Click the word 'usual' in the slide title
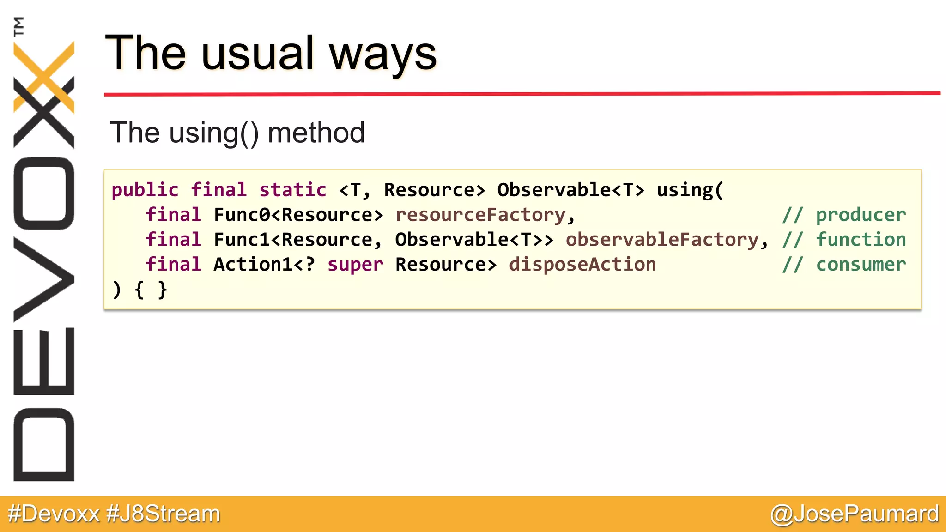tap(257, 54)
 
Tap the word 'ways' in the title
tap(382, 54)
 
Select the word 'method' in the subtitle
tap(316, 133)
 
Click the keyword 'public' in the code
tap(145, 190)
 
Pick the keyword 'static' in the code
tap(293, 190)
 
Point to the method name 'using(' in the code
tap(690, 190)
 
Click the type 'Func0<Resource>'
tap(298, 215)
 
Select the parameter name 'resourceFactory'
tap(480, 215)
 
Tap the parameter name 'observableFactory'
tap(662, 240)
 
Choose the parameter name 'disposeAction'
tap(582, 265)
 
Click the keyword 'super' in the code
tap(355, 265)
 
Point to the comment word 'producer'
tap(861, 215)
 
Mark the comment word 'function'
tap(861, 240)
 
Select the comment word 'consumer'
tap(861, 265)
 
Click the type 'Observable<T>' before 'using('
tap(570, 190)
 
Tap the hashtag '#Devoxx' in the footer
tap(54, 514)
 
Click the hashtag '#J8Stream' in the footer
tap(163, 514)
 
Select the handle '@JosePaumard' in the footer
tap(855, 514)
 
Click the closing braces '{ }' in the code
tap(151, 290)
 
